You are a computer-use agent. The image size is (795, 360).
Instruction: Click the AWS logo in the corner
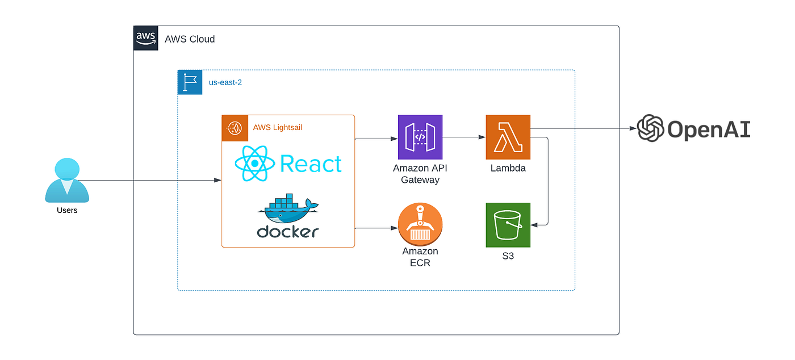(146, 38)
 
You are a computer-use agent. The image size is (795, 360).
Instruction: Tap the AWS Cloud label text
(190, 39)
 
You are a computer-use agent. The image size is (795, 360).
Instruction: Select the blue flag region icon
(190, 82)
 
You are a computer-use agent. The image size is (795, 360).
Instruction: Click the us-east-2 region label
(225, 82)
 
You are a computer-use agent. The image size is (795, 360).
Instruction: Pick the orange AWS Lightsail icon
(234, 127)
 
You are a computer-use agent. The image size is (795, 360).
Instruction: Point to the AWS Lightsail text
(278, 127)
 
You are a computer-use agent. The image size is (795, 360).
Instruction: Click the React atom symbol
(254, 164)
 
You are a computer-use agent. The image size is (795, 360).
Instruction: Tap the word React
(311, 164)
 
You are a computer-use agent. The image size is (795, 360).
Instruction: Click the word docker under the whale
(288, 232)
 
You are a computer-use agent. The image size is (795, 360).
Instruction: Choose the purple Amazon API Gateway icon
(420, 137)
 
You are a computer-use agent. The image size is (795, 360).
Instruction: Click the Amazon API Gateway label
(420, 174)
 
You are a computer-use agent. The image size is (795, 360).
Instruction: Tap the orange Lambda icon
(508, 137)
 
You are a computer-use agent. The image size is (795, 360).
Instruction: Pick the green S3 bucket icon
(508, 225)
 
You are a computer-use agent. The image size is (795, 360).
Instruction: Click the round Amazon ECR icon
(420, 225)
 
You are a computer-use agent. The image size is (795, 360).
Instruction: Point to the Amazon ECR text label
(420, 257)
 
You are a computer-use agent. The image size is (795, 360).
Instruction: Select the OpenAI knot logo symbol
(650, 128)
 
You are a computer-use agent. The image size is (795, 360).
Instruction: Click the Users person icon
(67, 181)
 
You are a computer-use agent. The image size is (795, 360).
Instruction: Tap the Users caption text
(67, 210)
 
